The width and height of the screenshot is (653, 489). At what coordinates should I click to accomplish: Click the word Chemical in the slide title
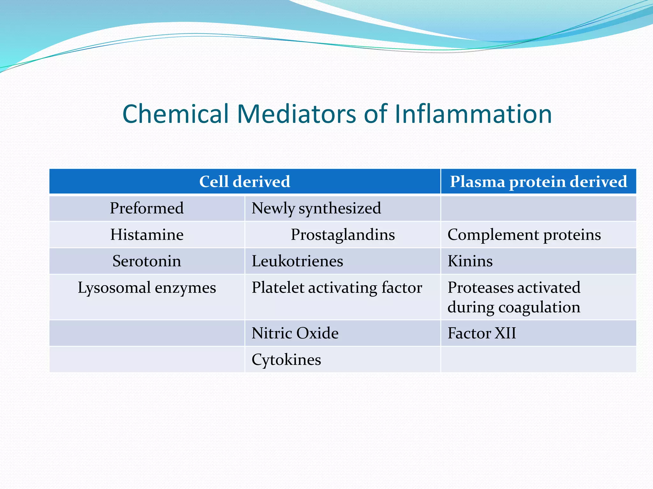coord(175,114)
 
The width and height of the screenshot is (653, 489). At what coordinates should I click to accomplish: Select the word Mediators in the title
coord(296,114)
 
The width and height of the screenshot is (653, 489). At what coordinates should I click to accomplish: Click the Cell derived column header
coord(245,181)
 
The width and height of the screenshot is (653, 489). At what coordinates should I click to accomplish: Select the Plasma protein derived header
coord(538,181)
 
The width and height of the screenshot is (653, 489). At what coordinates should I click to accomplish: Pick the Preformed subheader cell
coord(147,208)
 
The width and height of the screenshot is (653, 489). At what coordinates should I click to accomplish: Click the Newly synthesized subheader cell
coord(316,208)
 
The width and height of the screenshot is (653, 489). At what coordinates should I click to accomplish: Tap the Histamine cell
coord(147,235)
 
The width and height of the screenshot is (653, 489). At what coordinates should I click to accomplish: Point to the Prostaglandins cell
coord(343,235)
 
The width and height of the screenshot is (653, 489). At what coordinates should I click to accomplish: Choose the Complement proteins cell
coord(524,235)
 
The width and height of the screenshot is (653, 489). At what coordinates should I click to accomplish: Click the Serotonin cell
coord(147,261)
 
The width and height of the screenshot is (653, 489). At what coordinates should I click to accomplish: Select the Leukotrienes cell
coord(297,261)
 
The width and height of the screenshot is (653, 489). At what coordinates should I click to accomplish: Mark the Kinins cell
coord(470,261)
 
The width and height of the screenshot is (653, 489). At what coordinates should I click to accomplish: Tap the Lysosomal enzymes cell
coord(147,288)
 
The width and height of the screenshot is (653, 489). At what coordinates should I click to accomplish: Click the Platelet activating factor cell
coord(337,288)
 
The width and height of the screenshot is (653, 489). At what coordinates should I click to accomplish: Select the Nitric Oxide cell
coord(295,333)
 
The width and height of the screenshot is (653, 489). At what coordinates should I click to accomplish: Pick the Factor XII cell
coord(481,333)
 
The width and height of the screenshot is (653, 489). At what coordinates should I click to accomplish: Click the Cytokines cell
coord(286,360)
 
